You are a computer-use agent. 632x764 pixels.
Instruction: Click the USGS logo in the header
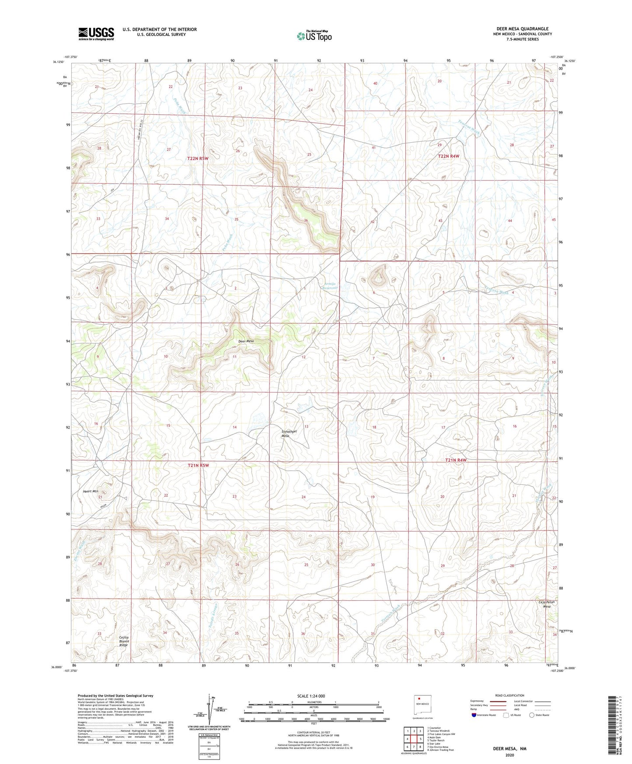[96, 34]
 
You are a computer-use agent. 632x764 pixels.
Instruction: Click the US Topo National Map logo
[314, 36]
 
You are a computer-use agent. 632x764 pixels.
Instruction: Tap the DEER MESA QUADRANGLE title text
[522, 28]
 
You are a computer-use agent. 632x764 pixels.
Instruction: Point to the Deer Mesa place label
[246, 341]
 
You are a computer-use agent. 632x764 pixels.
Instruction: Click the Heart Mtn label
[91, 491]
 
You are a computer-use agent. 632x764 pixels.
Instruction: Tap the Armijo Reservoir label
[330, 286]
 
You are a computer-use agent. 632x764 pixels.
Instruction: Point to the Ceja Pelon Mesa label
[546, 604]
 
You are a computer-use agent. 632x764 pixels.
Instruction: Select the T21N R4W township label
[456, 460]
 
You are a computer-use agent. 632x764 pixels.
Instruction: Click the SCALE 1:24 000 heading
[311, 696]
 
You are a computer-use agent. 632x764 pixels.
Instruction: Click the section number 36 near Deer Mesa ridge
[306, 221]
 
